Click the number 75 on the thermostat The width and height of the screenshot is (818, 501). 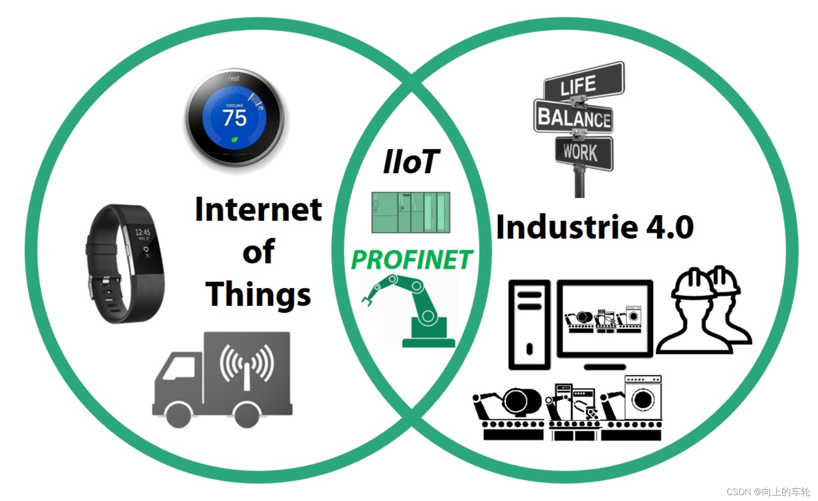point(235,118)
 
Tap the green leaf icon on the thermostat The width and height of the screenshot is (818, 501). point(235,139)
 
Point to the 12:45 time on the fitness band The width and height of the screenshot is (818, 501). point(143,232)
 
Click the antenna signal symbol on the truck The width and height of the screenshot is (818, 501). point(247,364)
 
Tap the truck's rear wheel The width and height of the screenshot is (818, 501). point(247,415)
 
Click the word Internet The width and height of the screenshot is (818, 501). point(258,210)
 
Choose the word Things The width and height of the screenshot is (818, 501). point(258,294)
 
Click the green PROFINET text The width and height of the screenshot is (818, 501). point(411,260)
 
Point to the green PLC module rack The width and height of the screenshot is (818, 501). point(411,212)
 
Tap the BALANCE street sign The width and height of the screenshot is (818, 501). point(574,117)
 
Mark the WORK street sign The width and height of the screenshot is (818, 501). point(582,152)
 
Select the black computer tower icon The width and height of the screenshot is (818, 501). point(529,325)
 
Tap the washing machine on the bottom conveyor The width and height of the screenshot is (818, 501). point(642,398)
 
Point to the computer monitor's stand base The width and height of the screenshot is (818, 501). point(605,367)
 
